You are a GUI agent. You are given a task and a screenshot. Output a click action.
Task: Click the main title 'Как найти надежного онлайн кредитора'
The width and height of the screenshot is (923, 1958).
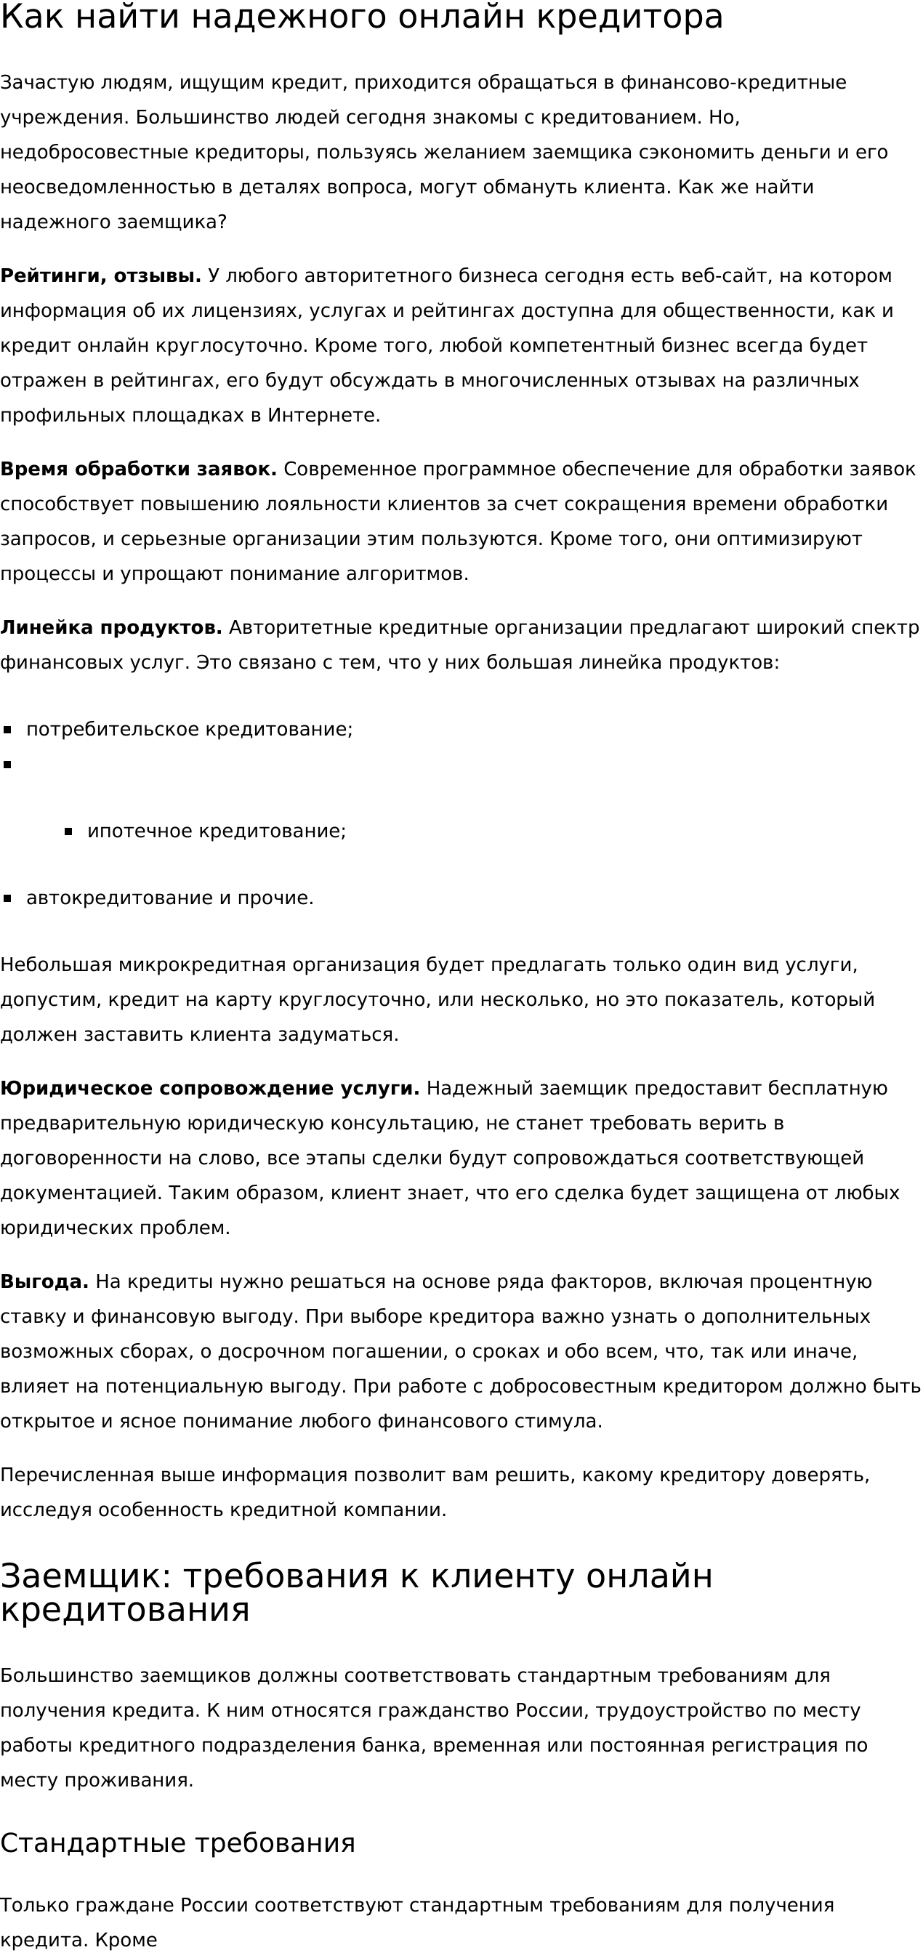[361, 17]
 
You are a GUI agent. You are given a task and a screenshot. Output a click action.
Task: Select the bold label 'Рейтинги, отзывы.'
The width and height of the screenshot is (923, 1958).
[100, 276]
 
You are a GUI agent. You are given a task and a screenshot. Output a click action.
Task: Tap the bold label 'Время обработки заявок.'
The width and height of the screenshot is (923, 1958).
[138, 470]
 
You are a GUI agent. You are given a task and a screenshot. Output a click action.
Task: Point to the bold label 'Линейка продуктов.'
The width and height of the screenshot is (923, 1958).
[111, 628]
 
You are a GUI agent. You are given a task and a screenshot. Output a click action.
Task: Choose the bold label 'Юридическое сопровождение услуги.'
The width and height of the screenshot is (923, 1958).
[210, 1089]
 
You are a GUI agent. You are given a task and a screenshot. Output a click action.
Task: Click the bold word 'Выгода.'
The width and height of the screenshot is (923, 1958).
[44, 1281]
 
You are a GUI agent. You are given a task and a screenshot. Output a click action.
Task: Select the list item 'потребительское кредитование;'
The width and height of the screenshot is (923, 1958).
[189, 730]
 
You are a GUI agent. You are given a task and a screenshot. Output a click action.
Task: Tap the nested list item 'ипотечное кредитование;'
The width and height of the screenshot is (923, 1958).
[217, 831]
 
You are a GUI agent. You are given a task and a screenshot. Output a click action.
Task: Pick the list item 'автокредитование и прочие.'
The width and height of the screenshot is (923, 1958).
[169, 898]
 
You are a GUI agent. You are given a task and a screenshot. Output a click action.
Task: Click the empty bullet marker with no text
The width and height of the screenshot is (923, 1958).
[7, 765]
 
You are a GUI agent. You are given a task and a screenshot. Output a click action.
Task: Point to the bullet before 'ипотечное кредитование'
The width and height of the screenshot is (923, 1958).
[68, 831]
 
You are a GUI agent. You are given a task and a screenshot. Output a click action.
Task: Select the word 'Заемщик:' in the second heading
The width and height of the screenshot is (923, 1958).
[86, 1577]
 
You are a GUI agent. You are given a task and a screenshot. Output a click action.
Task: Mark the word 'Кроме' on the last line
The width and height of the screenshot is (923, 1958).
[126, 1941]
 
